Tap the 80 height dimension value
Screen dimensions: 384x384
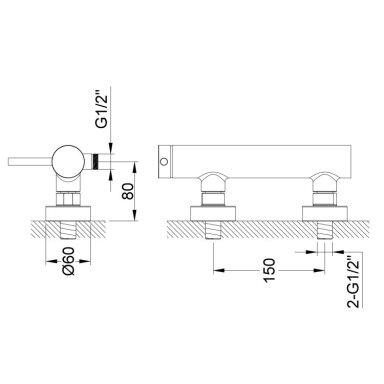[128, 191]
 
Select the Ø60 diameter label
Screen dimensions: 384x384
[68, 261]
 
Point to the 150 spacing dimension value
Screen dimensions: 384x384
[269, 270]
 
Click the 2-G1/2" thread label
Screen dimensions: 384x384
[354, 282]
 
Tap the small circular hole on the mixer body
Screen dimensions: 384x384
[164, 162]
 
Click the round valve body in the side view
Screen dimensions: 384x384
[68, 161]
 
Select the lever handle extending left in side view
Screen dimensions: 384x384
[30, 161]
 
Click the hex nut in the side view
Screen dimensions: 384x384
[68, 199]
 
